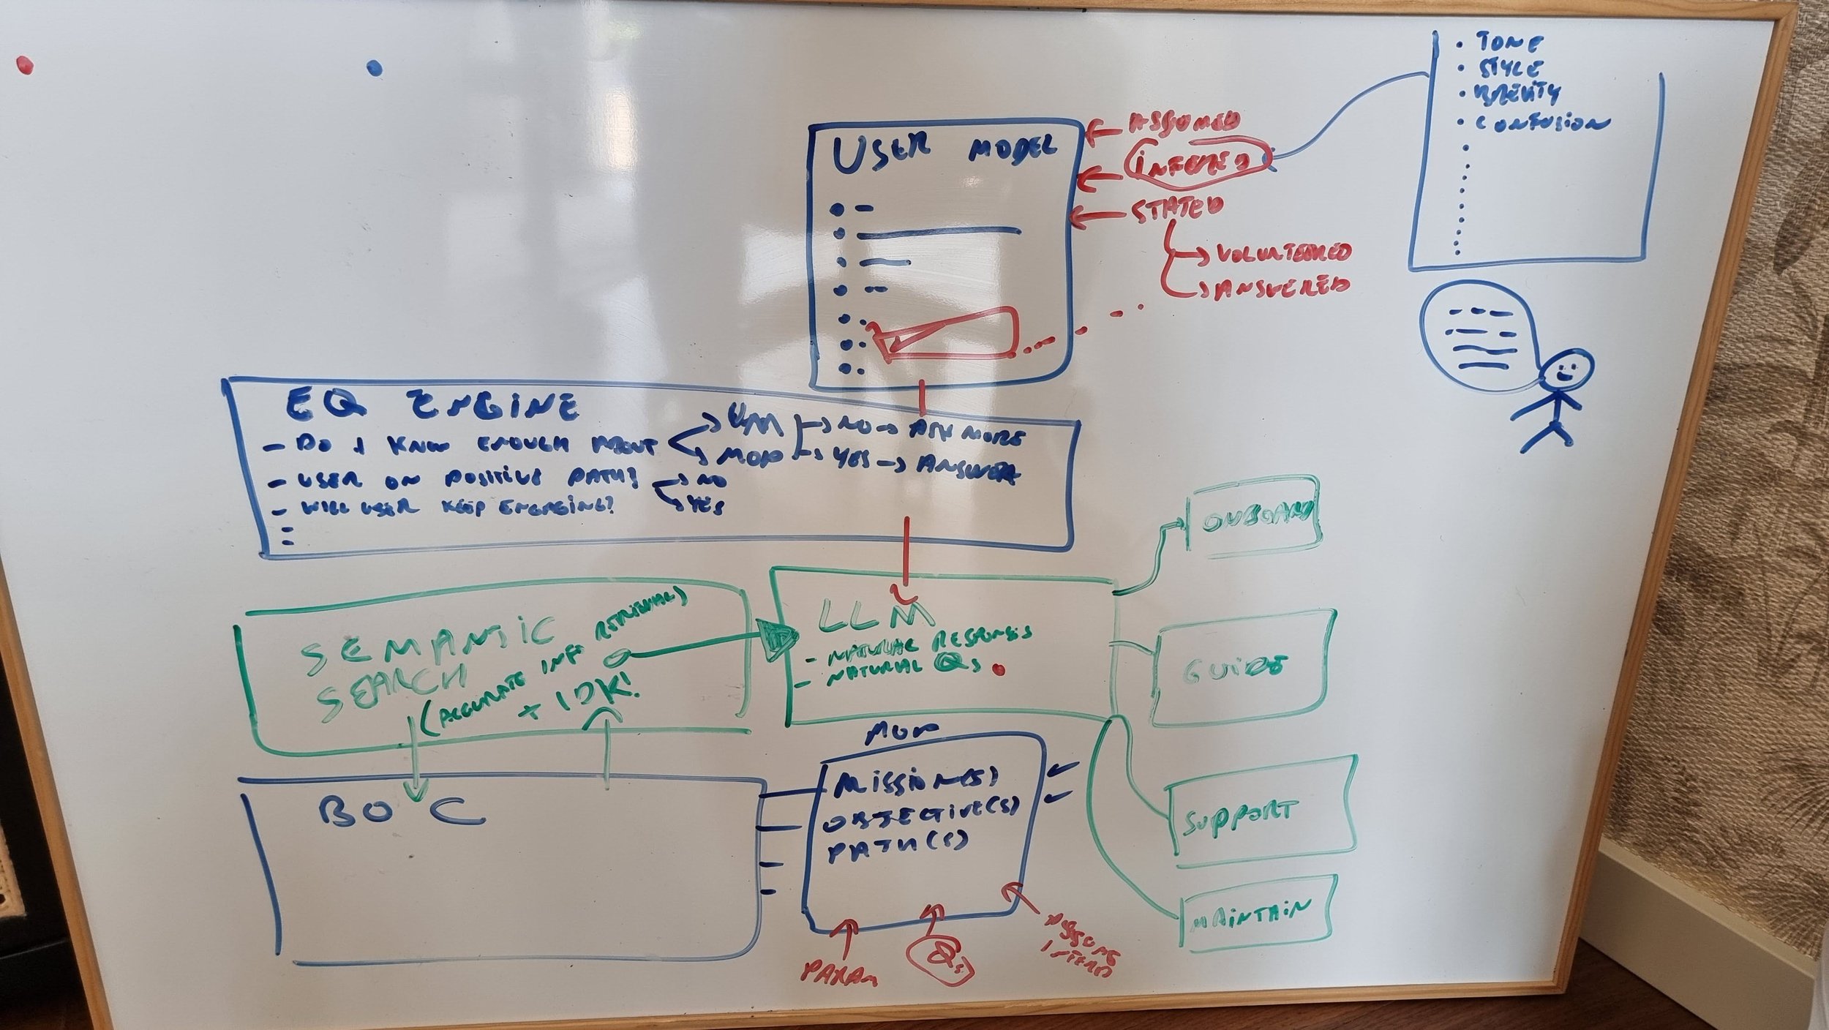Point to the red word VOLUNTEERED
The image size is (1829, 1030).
pos(1281,253)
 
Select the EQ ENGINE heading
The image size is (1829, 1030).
pos(432,407)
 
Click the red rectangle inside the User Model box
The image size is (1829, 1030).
pos(951,334)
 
